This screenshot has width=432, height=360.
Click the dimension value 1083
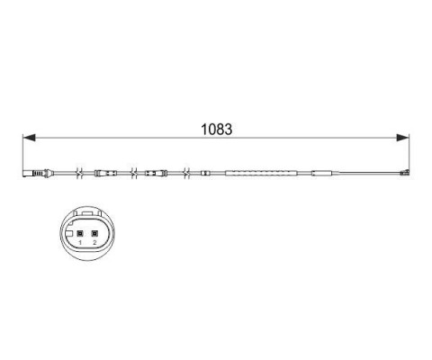pyautogui.click(x=216, y=130)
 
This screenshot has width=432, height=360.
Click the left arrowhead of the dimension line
pyautogui.click(x=30, y=138)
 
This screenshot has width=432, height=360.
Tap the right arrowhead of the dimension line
pyautogui.click(x=402, y=138)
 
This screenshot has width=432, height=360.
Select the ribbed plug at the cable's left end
pyautogui.click(x=38, y=173)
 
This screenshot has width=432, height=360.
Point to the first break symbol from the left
pyautogui.click(x=80, y=173)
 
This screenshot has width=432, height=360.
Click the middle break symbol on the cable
pyautogui.click(x=134, y=173)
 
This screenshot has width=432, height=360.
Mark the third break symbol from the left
pyautogui.click(x=186, y=173)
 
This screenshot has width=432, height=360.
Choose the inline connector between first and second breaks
pyautogui.click(x=105, y=173)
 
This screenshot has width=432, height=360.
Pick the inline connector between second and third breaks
pyautogui.click(x=156, y=173)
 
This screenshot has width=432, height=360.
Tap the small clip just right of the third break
pyautogui.click(x=204, y=173)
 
